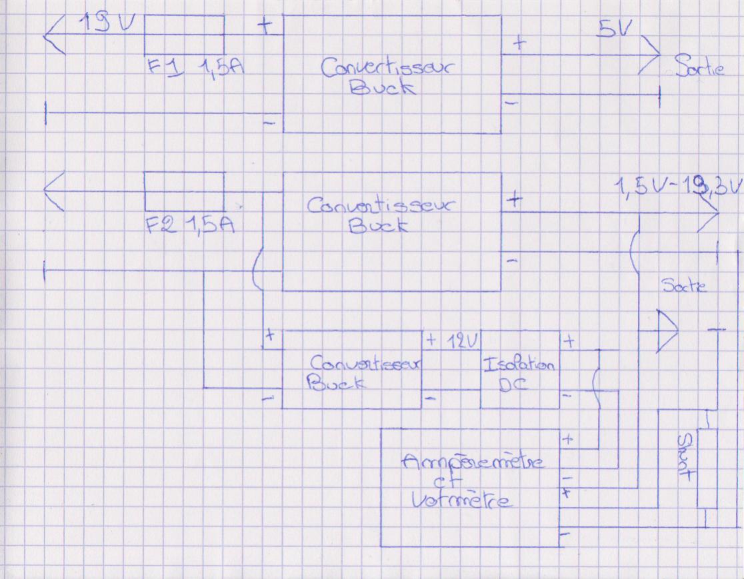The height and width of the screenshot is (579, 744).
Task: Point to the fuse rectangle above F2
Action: [x=185, y=193]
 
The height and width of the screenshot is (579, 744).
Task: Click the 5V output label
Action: [x=615, y=31]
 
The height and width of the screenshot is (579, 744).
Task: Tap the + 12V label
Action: [x=452, y=340]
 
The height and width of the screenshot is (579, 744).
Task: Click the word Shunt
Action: [x=685, y=458]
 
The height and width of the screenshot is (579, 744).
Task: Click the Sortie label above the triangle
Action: [x=683, y=287]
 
